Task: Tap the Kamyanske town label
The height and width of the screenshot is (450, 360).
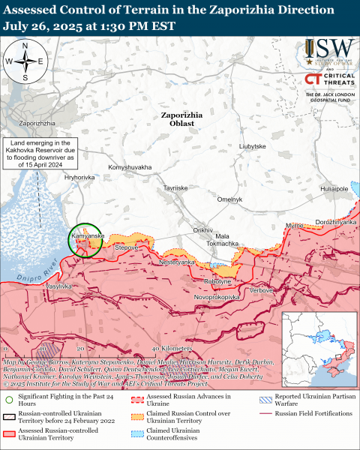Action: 86,235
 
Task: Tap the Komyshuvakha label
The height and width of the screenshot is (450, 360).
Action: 130,166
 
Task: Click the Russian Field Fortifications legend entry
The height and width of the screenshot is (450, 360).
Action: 315,413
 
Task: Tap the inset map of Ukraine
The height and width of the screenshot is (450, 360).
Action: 318,349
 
